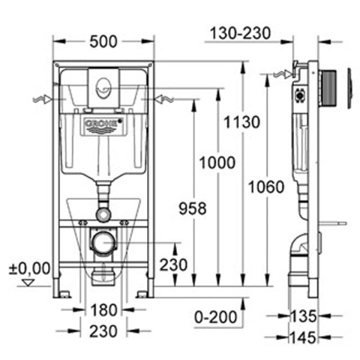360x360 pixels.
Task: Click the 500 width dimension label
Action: coord(104,41)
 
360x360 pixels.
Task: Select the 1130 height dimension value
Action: coord(243,122)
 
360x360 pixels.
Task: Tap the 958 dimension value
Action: coord(193,208)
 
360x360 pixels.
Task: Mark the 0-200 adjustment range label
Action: coord(218,316)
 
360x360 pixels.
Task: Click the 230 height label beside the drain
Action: coord(173,264)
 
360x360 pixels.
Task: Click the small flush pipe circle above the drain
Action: coord(103,214)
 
